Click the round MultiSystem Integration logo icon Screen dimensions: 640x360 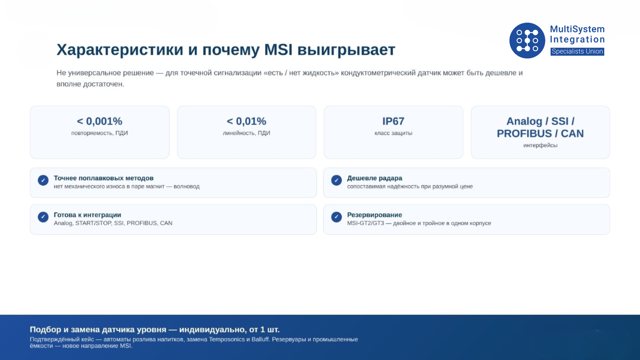click(527, 41)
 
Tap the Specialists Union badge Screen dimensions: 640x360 click(577, 51)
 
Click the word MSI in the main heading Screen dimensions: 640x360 click(278, 50)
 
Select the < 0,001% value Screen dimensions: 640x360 click(99, 121)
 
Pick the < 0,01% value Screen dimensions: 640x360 click(246, 121)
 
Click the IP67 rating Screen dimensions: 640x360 click(394, 121)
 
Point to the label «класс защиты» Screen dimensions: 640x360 click(394, 133)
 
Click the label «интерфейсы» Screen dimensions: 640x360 click(540, 146)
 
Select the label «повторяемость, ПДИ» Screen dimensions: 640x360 click(99, 133)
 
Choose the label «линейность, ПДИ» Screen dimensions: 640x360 click(246, 133)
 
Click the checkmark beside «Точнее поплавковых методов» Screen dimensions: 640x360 click(43, 180)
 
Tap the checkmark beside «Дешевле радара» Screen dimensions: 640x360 click(337, 180)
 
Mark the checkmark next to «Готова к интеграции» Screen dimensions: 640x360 click(43, 217)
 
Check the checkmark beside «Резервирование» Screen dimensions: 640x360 click(337, 217)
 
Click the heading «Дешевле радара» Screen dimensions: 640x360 click(374, 178)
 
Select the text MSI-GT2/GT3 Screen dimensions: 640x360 click(365, 223)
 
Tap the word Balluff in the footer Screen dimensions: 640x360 click(261, 339)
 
